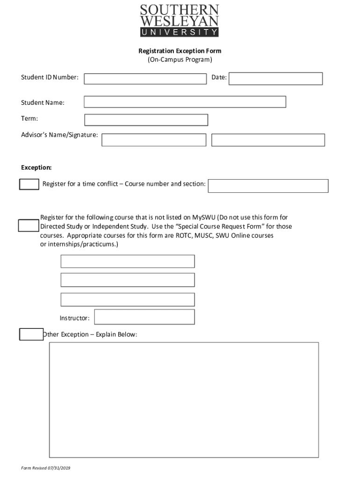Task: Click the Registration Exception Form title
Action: (x=180, y=51)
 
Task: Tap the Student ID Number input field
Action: (x=145, y=79)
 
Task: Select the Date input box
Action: (x=275, y=79)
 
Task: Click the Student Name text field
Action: (x=185, y=102)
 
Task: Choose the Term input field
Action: (x=146, y=120)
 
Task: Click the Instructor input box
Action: (x=144, y=317)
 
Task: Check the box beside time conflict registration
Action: (x=29, y=184)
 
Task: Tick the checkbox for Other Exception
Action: (x=31, y=334)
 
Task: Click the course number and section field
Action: (x=268, y=186)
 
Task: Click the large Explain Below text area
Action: (x=184, y=399)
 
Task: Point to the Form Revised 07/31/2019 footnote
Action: (x=46, y=468)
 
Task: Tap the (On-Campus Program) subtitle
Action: (x=180, y=60)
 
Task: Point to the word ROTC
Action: (x=184, y=235)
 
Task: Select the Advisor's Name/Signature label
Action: (x=59, y=135)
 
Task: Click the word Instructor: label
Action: (x=74, y=318)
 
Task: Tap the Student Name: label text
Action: (x=43, y=102)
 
